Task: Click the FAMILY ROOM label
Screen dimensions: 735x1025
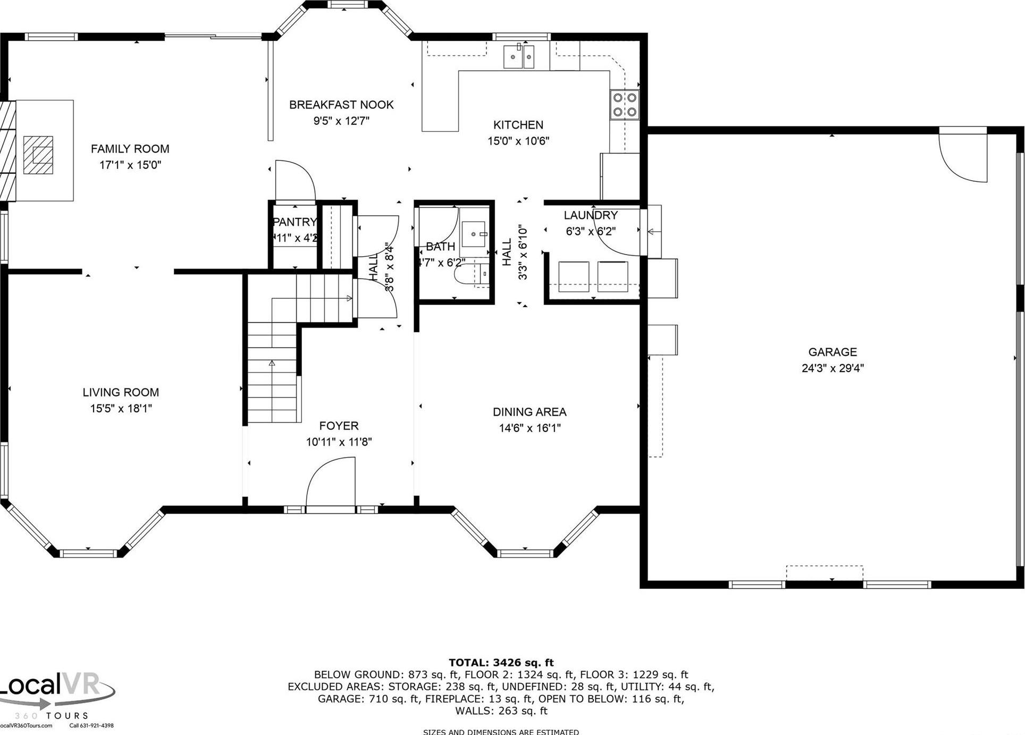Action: (130, 149)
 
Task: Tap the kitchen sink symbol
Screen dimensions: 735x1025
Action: (519, 56)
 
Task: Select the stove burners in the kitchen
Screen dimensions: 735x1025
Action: (625, 105)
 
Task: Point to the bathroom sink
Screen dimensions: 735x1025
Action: (473, 234)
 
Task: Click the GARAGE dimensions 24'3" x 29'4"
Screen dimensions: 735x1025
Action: (833, 368)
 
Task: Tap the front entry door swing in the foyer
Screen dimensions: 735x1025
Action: (330, 485)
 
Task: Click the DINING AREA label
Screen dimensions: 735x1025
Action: (529, 412)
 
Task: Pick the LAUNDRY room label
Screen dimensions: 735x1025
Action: (590, 215)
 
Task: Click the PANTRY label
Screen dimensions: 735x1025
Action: (295, 222)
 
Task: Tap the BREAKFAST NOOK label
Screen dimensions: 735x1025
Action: (341, 105)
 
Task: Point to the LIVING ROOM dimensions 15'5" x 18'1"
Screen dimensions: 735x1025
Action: (121, 408)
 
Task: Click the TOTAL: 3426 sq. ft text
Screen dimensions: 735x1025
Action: (501, 662)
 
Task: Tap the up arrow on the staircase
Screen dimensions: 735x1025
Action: (272, 364)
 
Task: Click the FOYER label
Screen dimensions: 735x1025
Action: (339, 426)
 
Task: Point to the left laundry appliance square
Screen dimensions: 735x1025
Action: (574, 276)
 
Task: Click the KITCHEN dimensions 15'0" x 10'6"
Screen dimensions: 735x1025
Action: (518, 141)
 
